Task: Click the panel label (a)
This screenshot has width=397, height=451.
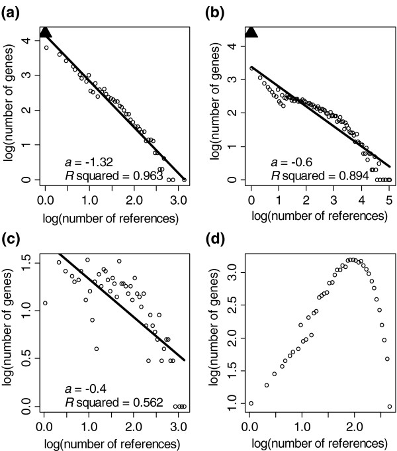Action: pos(13,9)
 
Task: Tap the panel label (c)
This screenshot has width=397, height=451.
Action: pos(13,234)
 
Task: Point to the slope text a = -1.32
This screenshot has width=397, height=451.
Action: pos(81,162)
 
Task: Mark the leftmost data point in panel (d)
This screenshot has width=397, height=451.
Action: pos(251,403)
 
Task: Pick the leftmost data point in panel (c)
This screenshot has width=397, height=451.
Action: pos(44,303)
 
